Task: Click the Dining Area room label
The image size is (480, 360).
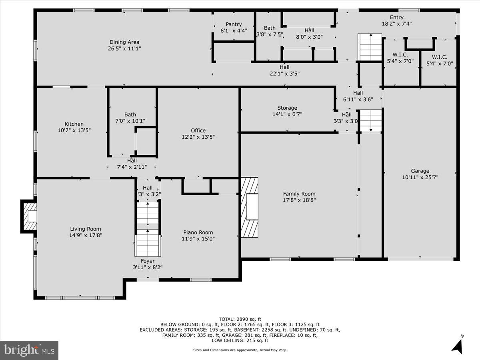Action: [124, 42]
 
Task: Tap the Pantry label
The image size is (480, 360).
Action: [234, 24]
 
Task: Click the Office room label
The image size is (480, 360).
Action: [198, 130]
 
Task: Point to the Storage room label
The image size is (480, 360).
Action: [287, 108]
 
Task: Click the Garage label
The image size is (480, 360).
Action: [420, 171]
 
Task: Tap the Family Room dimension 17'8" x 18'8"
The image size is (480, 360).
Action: [300, 200]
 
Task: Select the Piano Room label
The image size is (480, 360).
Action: [198, 232]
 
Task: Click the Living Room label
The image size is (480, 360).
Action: [86, 229]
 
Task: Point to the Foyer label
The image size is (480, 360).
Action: [148, 261]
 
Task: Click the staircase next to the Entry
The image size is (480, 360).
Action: [370, 47]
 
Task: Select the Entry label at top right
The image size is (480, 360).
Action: [396, 17]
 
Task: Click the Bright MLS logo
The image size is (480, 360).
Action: [29, 350]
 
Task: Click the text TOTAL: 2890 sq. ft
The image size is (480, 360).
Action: [240, 319]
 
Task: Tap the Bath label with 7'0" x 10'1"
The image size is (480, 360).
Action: [130, 114]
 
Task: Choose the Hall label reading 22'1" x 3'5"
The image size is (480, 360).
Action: [284, 67]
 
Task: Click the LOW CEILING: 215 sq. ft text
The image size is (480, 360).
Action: [240, 340]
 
